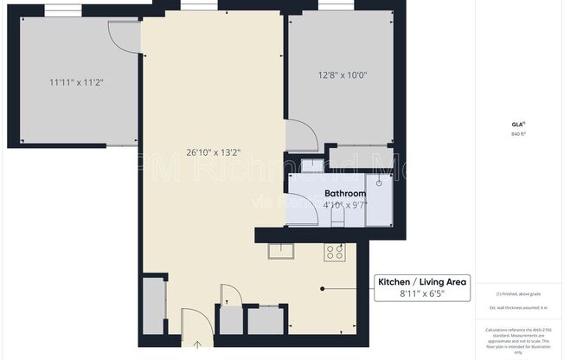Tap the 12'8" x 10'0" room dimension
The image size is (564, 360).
[x=343, y=74]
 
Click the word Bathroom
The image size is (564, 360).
[x=345, y=193]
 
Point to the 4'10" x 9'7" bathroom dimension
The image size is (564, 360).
[x=345, y=205]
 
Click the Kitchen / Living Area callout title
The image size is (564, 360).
[x=422, y=281]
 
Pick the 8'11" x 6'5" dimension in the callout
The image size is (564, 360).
[x=422, y=294]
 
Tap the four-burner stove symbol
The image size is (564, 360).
[x=335, y=252]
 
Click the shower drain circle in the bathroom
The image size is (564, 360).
[x=379, y=183]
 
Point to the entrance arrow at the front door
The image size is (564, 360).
[x=196, y=345]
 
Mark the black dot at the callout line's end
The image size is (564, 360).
[x=323, y=288]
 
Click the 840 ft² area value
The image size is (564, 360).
[x=519, y=134]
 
